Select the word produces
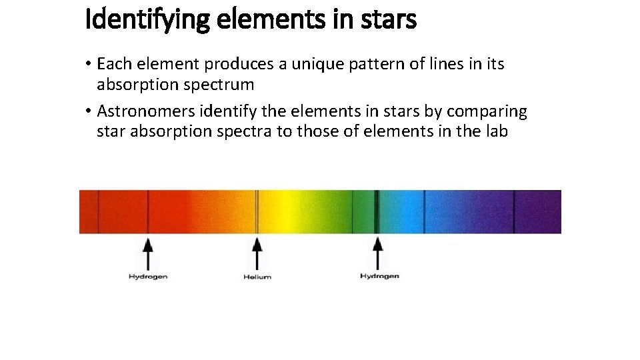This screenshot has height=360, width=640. coord(234,64)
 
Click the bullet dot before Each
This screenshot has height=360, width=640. coord(88,65)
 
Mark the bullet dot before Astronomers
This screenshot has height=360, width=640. coord(88,111)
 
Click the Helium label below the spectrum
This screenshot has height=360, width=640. coord(257,277)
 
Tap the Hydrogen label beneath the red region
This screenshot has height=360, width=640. coord(148,276)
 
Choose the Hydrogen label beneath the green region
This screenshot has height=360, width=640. coord(379,276)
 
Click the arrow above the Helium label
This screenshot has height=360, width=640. coord(257,253)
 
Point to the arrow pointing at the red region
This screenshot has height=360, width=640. coord(148,253)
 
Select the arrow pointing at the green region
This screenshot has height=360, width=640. coord(378,253)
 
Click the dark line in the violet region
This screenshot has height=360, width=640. coord(513,211)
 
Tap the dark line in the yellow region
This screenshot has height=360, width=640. coord(257,211)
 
